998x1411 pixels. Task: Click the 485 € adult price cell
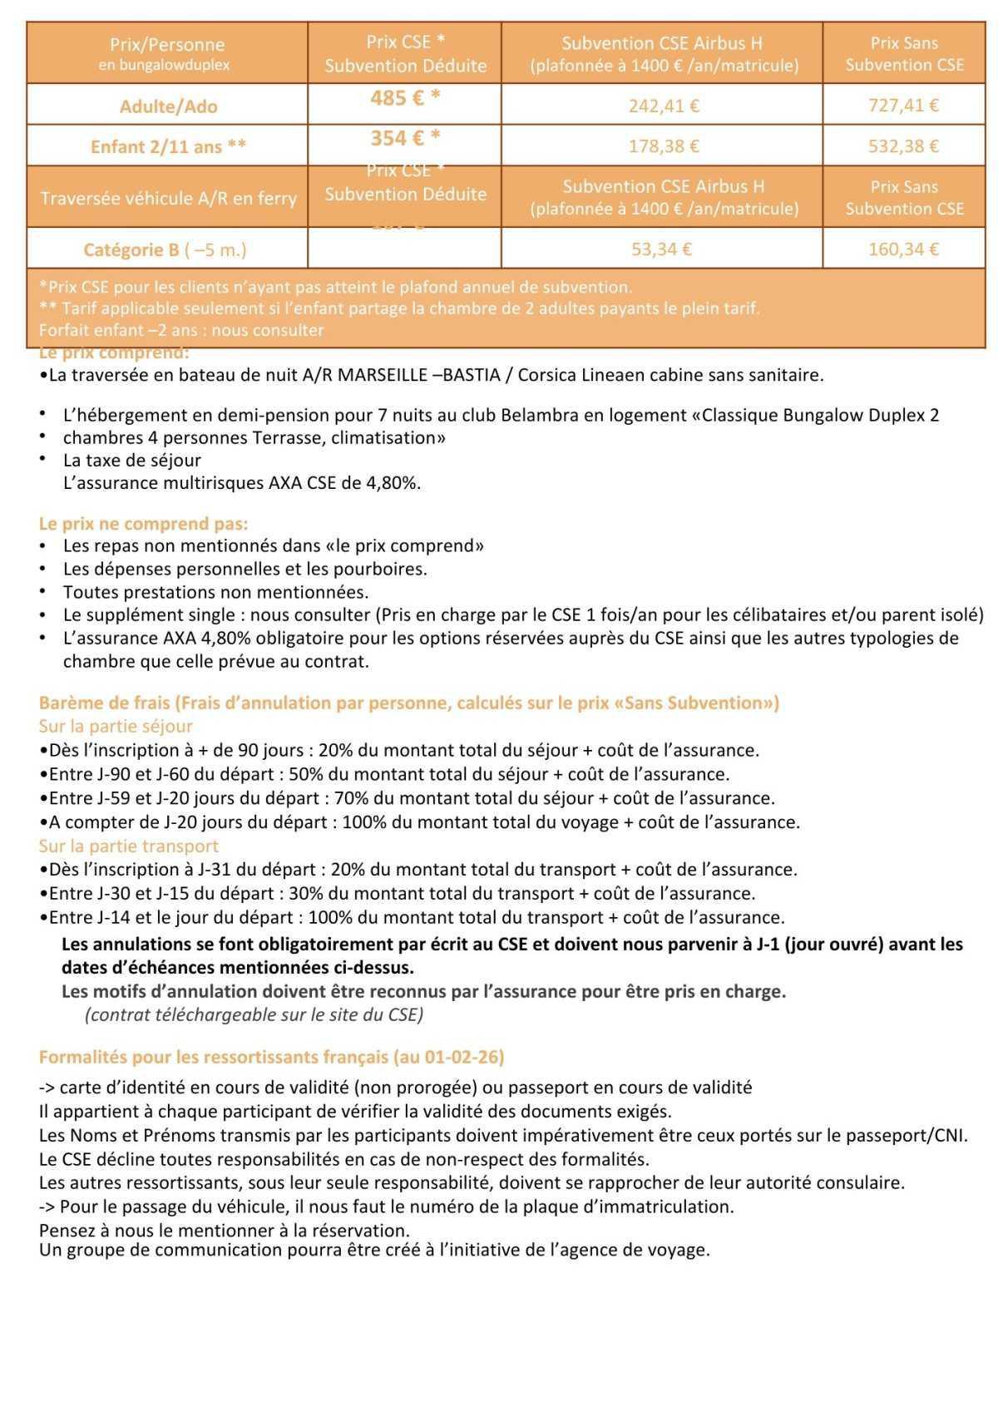(x=405, y=98)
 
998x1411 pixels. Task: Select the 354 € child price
(x=405, y=138)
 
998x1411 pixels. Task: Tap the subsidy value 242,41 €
(x=663, y=106)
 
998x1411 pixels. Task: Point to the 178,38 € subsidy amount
(x=663, y=146)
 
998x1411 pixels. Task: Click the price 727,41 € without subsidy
(x=904, y=106)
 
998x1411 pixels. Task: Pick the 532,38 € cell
(x=904, y=146)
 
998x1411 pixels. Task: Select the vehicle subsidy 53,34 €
(x=663, y=249)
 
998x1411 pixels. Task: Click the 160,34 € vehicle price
(x=904, y=249)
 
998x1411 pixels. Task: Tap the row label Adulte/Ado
(x=168, y=106)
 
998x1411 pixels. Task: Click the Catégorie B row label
(x=165, y=249)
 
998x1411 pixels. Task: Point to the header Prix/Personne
(x=167, y=45)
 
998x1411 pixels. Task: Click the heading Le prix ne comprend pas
(x=143, y=524)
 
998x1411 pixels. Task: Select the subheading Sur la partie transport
(x=128, y=846)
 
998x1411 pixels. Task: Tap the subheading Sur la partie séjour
(x=116, y=727)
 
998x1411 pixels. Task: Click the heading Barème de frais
(x=103, y=703)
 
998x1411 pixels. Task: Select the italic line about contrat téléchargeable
(x=254, y=1015)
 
